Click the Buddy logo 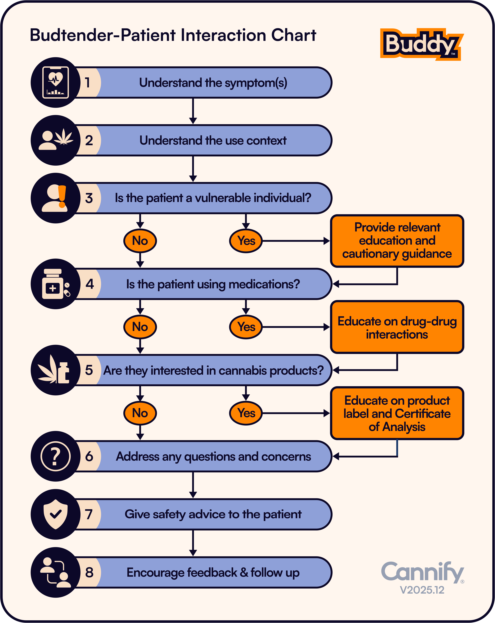(x=422, y=44)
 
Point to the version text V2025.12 (x=422, y=590)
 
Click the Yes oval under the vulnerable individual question (x=246, y=241)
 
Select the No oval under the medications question (x=140, y=327)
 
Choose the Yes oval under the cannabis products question (x=246, y=413)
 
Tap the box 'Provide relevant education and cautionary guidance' (x=397, y=241)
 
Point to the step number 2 (x=89, y=140)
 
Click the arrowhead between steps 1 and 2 (x=193, y=120)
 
